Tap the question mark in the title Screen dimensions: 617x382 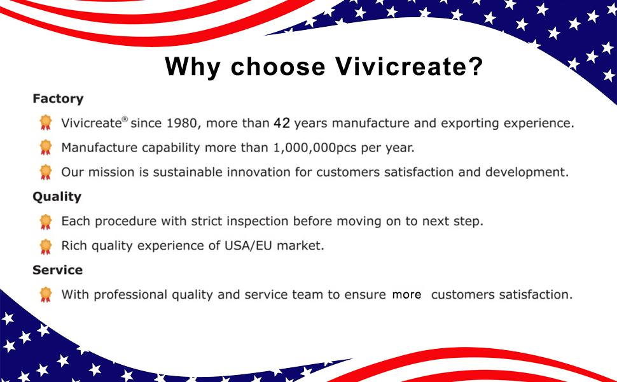(x=475, y=66)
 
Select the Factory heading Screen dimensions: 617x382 (x=58, y=99)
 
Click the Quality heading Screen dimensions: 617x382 (x=57, y=197)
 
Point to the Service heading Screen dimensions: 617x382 (x=57, y=270)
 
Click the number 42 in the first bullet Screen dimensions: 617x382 (x=282, y=124)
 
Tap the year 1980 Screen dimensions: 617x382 (x=181, y=124)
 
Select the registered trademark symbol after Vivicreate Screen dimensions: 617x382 (x=125, y=119)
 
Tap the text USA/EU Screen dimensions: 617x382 (x=248, y=246)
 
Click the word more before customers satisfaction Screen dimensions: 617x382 (x=407, y=295)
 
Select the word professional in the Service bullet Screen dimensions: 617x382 (x=130, y=295)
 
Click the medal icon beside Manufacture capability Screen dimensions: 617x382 (x=46, y=147)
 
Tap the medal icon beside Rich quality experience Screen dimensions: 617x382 (x=46, y=246)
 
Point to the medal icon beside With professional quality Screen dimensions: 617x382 (x=46, y=295)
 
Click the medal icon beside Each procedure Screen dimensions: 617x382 (x=46, y=222)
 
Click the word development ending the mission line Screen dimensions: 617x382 (x=527, y=173)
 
